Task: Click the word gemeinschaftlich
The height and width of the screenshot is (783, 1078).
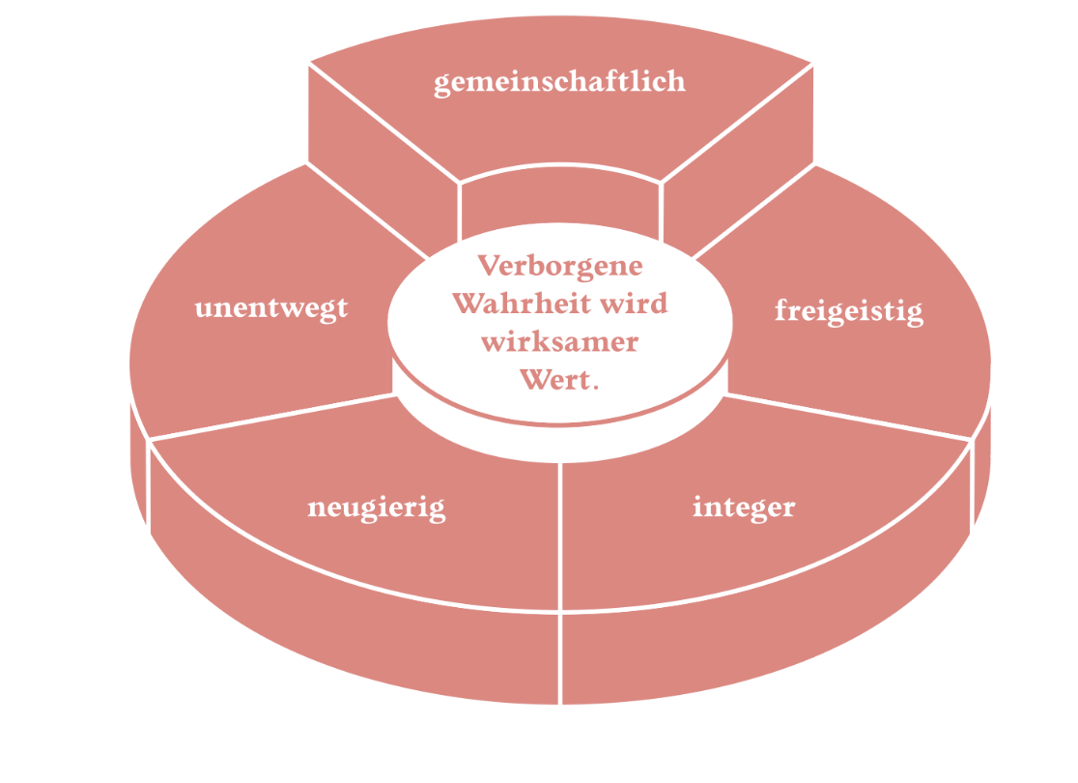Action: pyautogui.click(x=559, y=82)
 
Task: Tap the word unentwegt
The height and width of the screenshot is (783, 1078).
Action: pyautogui.click(x=271, y=308)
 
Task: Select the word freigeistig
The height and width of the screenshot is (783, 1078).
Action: pyautogui.click(x=849, y=311)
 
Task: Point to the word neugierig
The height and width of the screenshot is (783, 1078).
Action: pyautogui.click(x=377, y=508)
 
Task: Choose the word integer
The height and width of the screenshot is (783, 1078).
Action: pyautogui.click(x=744, y=507)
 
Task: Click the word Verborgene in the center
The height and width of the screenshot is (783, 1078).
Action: pyautogui.click(x=560, y=266)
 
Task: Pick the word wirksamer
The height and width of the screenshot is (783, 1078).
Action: pyautogui.click(x=559, y=342)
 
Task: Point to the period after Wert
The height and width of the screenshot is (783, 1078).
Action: pyautogui.click(x=595, y=388)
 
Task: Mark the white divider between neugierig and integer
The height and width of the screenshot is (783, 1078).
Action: pyautogui.click(x=561, y=536)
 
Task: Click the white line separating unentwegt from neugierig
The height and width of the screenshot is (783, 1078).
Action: pyautogui.click(x=271, y=417)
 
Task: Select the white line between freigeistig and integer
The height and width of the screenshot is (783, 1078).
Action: pyautogui.click(x=848, y=417)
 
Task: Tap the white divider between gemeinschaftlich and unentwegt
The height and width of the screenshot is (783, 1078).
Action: pyautogui.click(x=368, y=211)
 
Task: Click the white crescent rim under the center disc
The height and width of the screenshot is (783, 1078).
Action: pyautogui.click(x=560, y=442)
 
